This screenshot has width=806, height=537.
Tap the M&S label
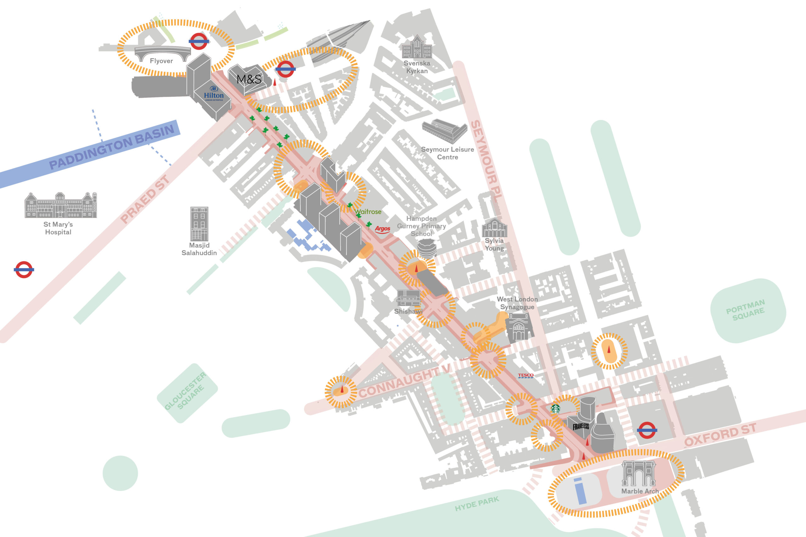coord(249,79)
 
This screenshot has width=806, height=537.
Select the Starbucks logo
coord(555,408)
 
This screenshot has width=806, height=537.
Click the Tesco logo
coord(525,375)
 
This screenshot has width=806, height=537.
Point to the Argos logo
coord(382,229)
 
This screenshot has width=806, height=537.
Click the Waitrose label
coord(368,212)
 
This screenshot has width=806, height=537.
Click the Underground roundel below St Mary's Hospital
coord(24,269)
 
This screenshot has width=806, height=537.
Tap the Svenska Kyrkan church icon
coord(417,47)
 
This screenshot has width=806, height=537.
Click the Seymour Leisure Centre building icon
coord(445,131)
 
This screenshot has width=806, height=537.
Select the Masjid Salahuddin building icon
coord(199,224)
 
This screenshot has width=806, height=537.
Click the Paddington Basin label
coord(112,147)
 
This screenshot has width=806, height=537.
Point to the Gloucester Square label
coord(185,392)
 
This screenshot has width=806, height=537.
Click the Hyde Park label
coord(477,504)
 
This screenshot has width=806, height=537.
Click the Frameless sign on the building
coord(581,427)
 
